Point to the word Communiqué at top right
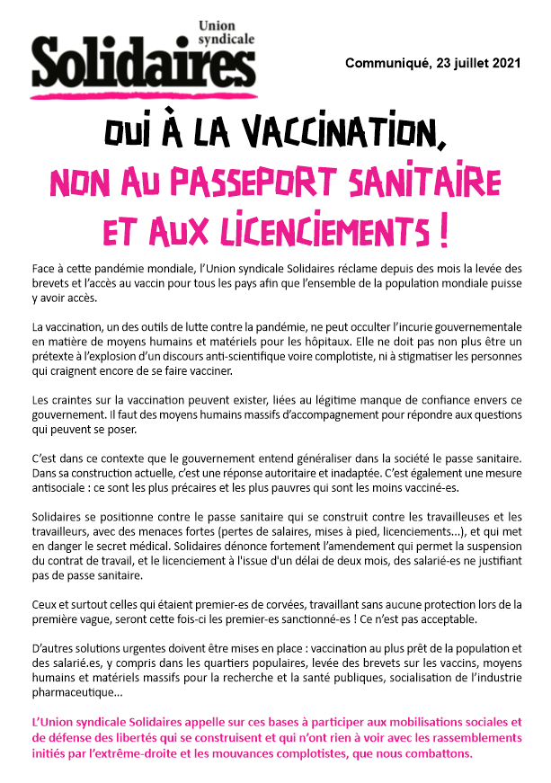pos(387,63)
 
